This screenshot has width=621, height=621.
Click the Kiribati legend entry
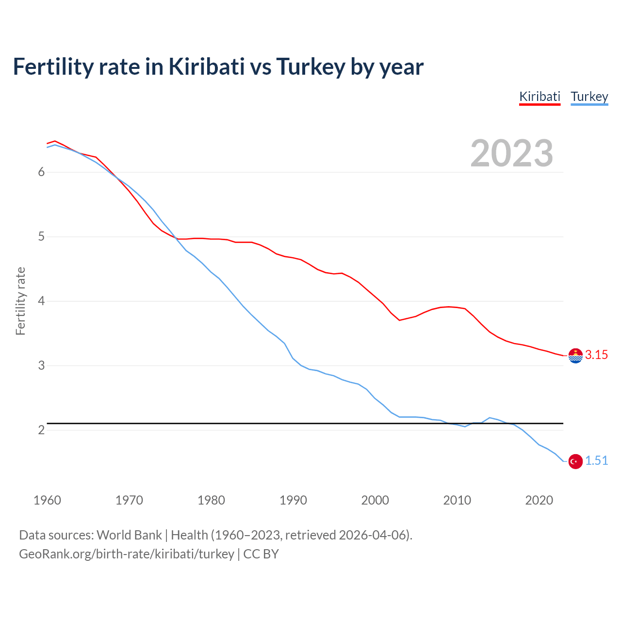point(539,97)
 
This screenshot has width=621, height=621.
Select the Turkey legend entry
point(589,97)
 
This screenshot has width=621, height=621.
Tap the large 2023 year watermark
point(512,153)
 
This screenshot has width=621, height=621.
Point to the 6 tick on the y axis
point(41,172)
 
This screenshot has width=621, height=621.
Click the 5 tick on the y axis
point(41,237)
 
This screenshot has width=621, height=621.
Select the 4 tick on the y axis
point(41,301)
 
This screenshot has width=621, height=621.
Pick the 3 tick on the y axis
point(41,365)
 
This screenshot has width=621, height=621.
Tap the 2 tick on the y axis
point(41,430)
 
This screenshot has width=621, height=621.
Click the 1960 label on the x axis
point(47,500)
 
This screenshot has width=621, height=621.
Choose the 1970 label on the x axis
point(129,500)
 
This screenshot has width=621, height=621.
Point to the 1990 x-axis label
point(293,500)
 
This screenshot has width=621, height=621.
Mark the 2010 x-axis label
point(457,500)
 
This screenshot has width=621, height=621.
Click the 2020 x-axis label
point(539,500)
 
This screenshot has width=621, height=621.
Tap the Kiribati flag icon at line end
point(575,356)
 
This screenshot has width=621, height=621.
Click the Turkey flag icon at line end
point(575,461)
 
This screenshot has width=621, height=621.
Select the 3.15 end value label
point(596,355)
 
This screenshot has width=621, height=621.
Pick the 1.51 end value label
point(596,461)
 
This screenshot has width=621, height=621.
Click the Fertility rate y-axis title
point(20,301)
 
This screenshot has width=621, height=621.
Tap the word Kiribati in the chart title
point(206,66)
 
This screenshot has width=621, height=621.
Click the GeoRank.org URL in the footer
point(126,554)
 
